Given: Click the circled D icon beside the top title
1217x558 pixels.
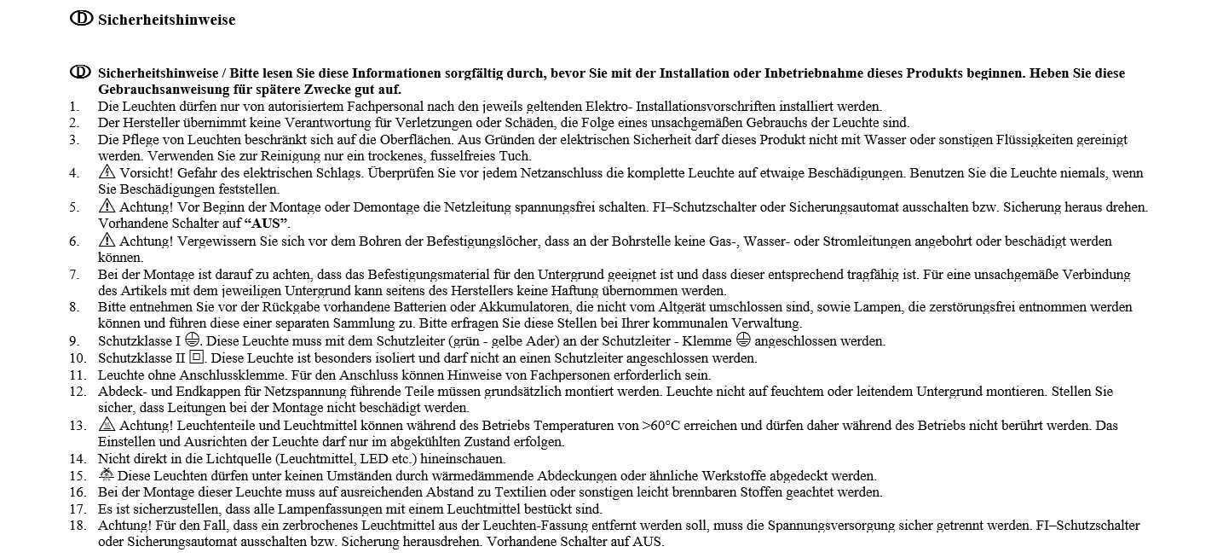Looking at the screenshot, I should pos(81,18).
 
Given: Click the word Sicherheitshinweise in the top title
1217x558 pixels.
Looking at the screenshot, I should pos(166,20).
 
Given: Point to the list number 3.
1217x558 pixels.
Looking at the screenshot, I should pos(74,140).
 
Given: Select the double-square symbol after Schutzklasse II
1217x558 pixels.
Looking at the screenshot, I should pos(196,357).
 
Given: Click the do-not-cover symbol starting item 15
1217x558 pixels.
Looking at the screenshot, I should pos(107,475).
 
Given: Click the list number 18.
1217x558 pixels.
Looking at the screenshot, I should pos(78,526).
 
